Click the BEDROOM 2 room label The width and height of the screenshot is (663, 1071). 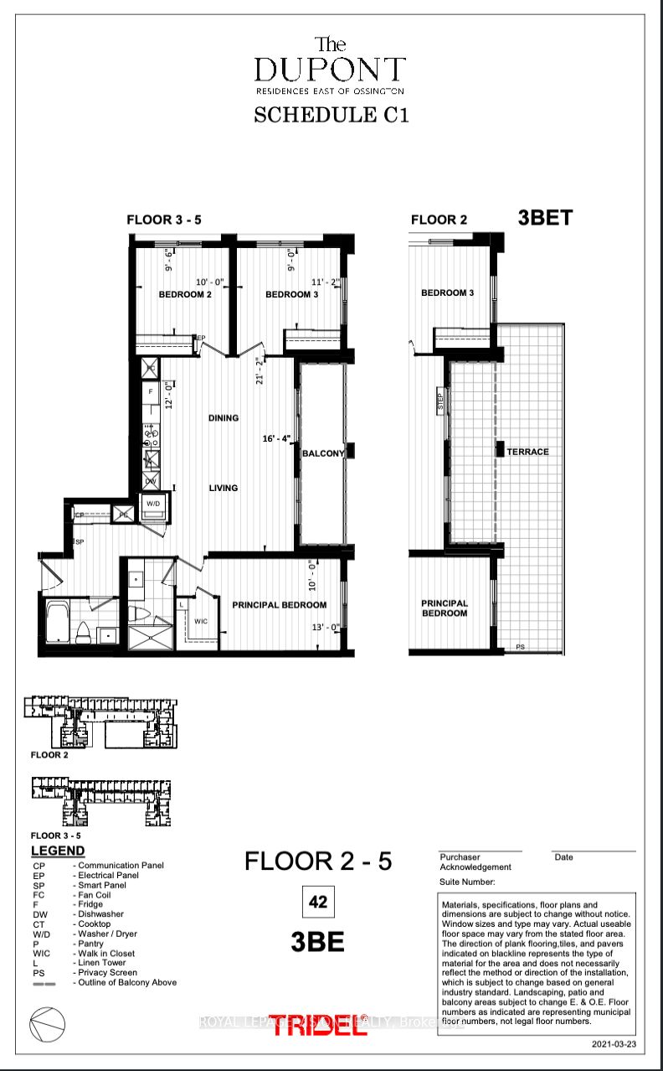(185, 294)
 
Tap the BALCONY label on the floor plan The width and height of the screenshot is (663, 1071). (323, 453)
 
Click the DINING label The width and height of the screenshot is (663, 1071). (224, 418)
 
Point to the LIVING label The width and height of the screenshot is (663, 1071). (224, 488)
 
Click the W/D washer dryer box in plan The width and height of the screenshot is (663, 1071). (154, 504)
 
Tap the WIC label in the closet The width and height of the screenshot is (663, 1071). (200, 621)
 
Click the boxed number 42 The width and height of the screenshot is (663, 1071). (317, 903)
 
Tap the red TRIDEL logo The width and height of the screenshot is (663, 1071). (318, 1023)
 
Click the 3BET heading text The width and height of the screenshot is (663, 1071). (546, 218)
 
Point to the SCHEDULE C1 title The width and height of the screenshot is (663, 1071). (331, 115)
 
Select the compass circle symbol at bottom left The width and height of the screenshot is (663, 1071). (46, 1022)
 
